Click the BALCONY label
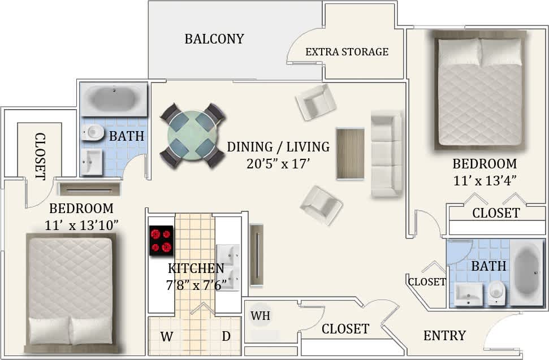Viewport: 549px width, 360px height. [214, 39]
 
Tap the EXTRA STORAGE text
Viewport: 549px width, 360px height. [347, 52]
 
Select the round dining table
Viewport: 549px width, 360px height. [192, 135]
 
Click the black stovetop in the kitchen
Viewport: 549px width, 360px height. [161, 240]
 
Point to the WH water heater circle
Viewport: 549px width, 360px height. [261, 316]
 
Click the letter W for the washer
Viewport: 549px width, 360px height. [166, 337]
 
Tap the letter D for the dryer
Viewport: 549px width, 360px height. [226, 337]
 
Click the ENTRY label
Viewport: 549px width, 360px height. [444, 336]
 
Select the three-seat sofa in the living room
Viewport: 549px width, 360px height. [386, 153]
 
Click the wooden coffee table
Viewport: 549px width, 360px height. [350, 154]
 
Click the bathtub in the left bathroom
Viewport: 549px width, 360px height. [114, 99]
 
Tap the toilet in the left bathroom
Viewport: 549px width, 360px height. [93, 133]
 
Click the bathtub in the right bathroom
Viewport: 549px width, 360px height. [528, 272]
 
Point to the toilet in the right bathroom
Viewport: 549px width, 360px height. [496, 292]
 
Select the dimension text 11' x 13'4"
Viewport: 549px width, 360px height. [485, 181]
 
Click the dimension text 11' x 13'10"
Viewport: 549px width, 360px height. [81, 224]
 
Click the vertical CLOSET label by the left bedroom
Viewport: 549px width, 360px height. [40, 156]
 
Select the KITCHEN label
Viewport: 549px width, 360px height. [196, 268]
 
